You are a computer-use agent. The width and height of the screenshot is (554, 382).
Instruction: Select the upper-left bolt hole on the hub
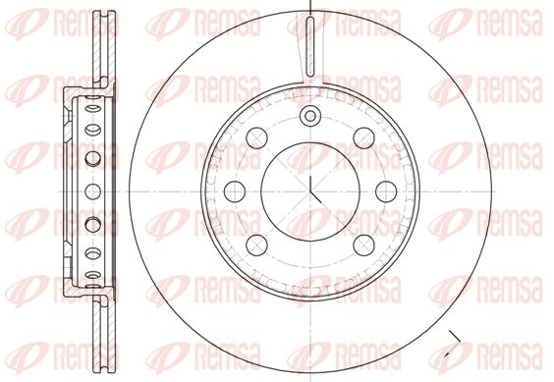256,138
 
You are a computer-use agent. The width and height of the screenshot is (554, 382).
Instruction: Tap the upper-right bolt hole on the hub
363,138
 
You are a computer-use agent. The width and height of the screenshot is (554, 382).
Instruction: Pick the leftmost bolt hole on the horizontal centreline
235,191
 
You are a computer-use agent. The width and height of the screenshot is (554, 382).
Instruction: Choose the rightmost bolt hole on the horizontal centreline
386,191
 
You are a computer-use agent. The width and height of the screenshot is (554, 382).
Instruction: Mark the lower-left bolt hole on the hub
256,246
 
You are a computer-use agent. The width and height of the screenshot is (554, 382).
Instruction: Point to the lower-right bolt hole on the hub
363,246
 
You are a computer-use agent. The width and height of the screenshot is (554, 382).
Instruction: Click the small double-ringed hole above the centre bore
310,116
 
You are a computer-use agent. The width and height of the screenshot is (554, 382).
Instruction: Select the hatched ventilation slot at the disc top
310,46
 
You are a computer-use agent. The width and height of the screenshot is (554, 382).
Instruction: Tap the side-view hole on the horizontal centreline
93,191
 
